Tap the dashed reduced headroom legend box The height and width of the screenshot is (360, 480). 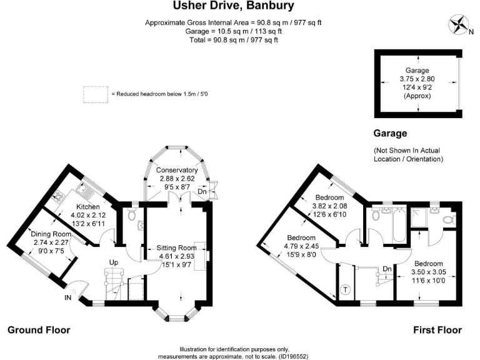coord(96,94)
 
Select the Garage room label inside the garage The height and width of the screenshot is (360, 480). coord(417,71)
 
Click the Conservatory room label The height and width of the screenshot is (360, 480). coord(177,170)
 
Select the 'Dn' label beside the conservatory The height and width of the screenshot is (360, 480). coord(202,191)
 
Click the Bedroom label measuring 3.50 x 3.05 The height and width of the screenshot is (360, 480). coord(429,264)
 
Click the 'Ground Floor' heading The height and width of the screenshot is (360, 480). coord(39,330)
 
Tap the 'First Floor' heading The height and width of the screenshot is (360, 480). coord(437,330)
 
